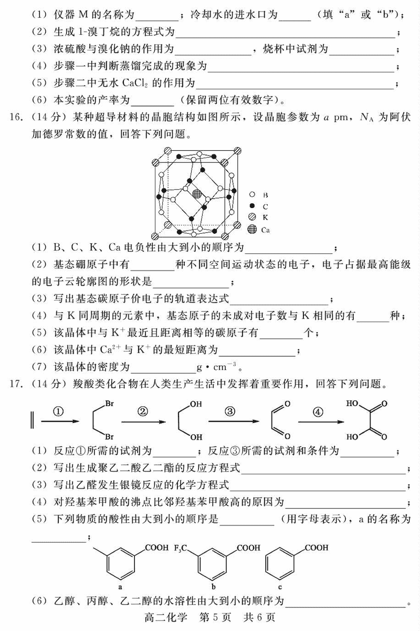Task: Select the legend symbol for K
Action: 253,216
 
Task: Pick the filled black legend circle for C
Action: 253,205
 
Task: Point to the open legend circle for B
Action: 253,194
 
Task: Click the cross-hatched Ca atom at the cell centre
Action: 197,194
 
